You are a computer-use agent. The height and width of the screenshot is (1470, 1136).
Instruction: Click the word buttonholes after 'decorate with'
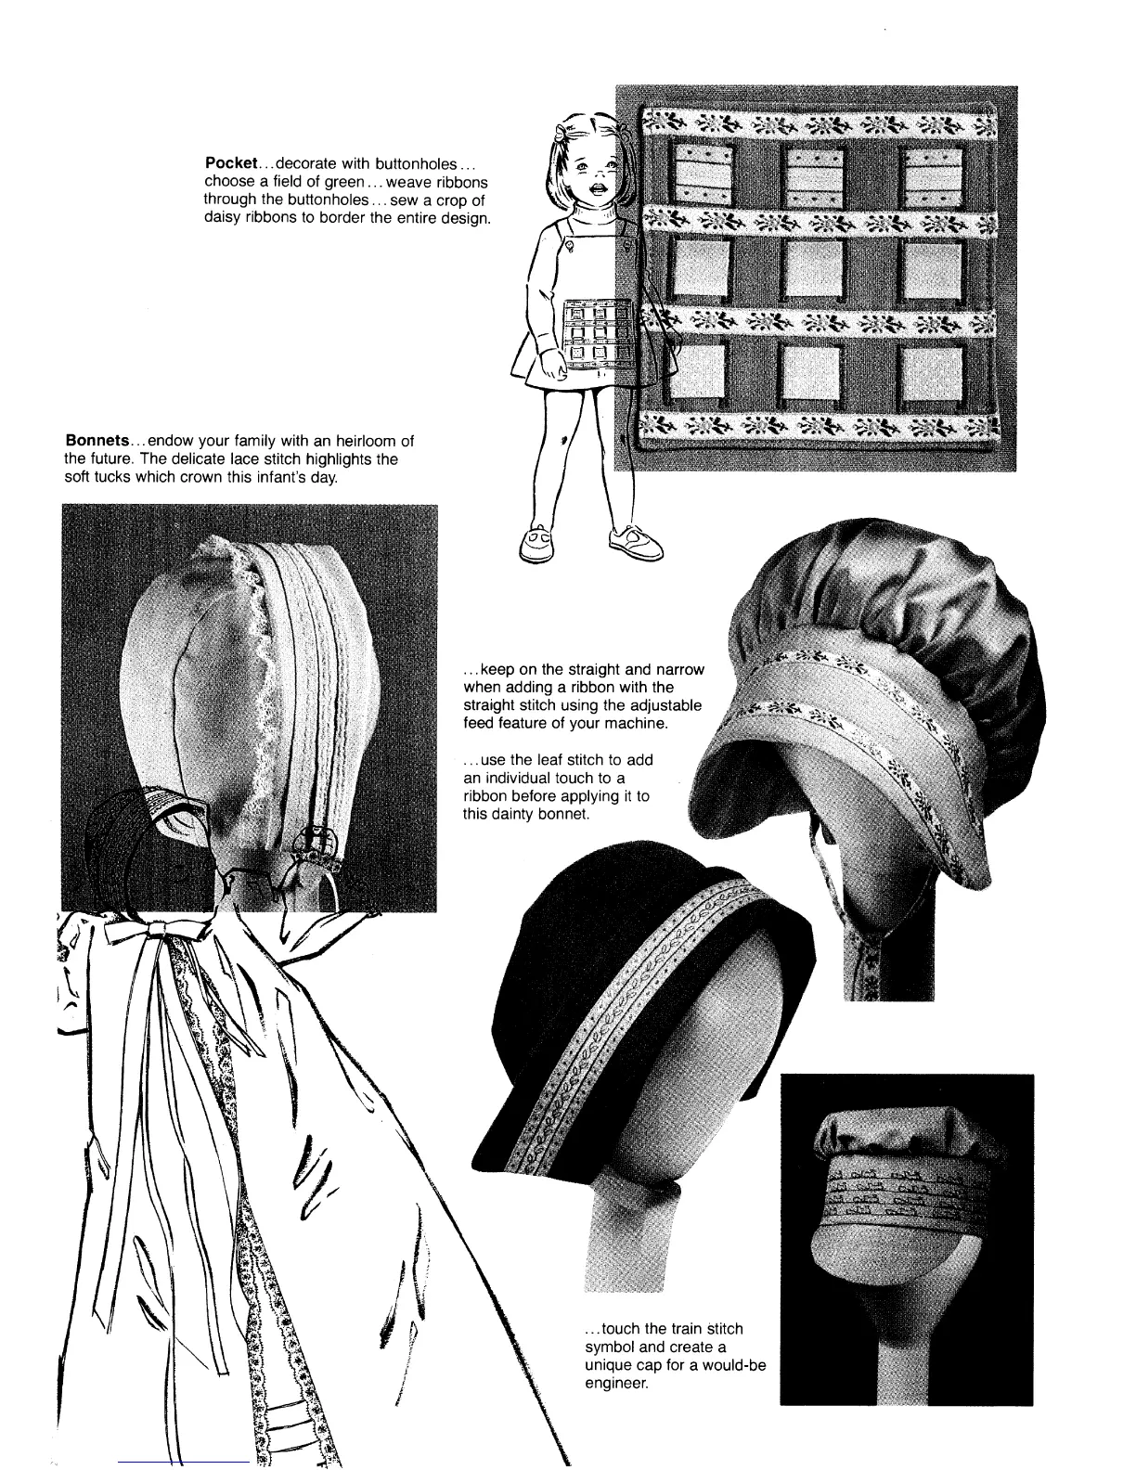[413, 163]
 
